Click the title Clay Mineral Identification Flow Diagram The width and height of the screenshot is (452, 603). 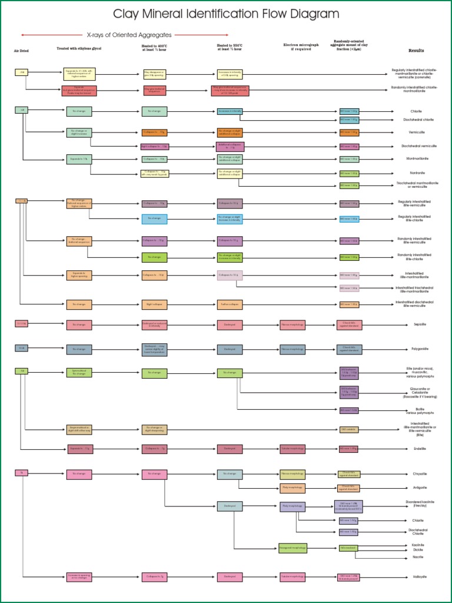(x=226, y=14)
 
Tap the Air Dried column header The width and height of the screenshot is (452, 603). (x=21, y=51)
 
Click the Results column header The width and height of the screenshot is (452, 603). (x=416, y=51)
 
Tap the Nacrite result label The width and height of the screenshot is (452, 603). (x=417, y=556)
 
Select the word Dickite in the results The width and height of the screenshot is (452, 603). (x=417, y=550)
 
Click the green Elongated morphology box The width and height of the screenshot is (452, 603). (x=293, y=548)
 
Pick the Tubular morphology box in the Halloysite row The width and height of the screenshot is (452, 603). (x=293, y=577)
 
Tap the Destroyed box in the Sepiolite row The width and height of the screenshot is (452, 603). (x=230, y=324)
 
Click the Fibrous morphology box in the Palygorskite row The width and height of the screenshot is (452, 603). (x=293, y=349)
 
